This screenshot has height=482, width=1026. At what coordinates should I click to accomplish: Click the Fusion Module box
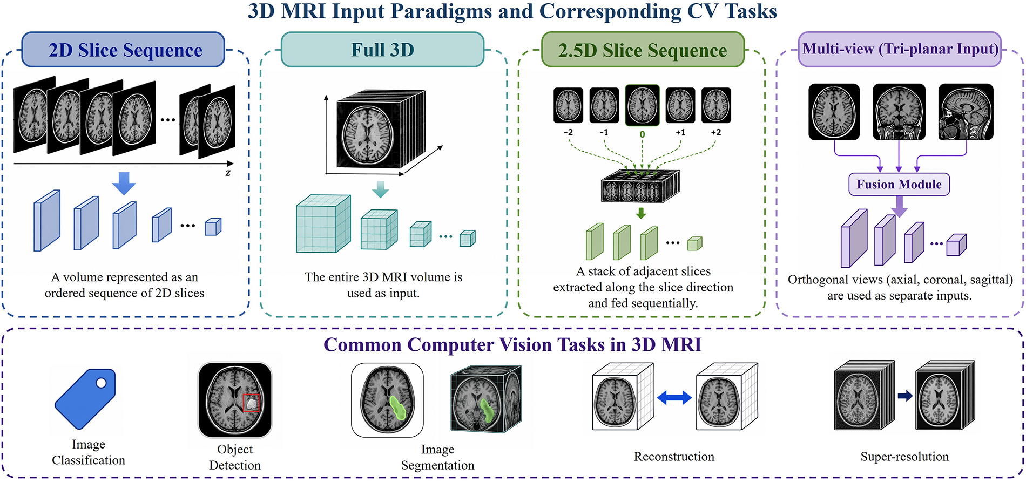tap(899, 184)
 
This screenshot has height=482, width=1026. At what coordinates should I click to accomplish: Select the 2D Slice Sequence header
tap(123, 50)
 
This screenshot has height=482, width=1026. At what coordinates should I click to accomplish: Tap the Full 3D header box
tap(382, 50)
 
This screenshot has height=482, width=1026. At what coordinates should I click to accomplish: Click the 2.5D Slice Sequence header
tap(643, 50)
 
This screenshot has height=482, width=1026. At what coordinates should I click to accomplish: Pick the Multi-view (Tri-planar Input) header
tap(900, 49)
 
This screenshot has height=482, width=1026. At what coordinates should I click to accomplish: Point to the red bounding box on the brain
tap(251, 403)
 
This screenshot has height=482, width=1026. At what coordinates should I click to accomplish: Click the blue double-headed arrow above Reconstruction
tap(674, 398)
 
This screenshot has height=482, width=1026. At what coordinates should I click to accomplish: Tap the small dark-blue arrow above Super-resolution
tap(905, 396)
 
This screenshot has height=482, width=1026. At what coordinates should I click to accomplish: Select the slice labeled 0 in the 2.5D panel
tap(642, 105)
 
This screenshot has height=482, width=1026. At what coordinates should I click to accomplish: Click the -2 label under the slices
tap(568, 132)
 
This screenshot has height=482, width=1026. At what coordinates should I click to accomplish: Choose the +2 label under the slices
tap(716, 132)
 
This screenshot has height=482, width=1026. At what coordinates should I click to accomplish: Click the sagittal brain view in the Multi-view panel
tap(966, 112)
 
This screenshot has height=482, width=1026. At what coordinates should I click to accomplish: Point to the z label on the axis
tap(228, 173)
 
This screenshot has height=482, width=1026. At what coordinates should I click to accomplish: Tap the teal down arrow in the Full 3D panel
tap(381, 189)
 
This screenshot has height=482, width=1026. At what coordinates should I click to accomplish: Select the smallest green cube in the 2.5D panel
tap(695, 244)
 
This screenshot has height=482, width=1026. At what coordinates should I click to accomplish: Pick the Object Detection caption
tap(235, 457)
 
